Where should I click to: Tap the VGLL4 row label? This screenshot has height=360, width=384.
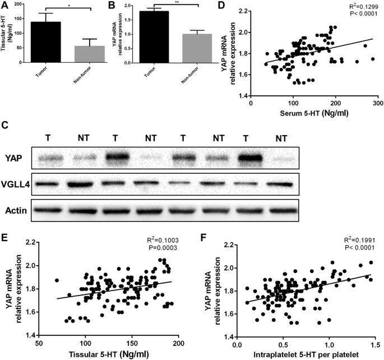point(15,184)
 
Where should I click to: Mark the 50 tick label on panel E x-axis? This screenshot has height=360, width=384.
point(39,343)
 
